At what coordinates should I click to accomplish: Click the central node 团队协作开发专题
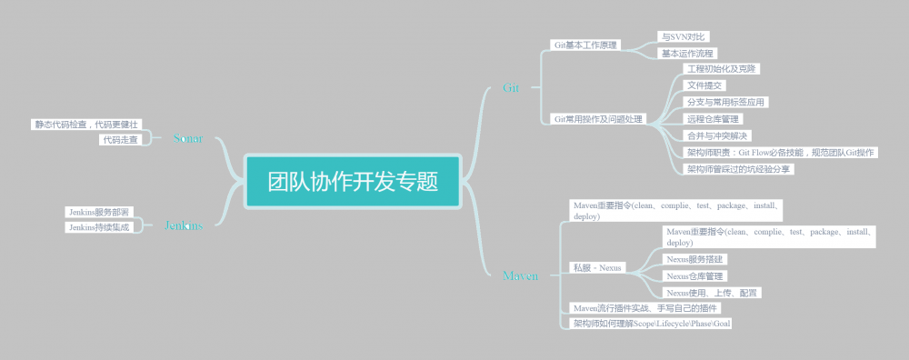click(x=353, y=181)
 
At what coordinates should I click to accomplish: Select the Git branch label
click(x=511, y=88)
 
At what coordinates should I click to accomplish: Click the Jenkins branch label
click(x=183, y=225)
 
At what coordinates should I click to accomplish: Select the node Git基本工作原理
click(x=586, y=45)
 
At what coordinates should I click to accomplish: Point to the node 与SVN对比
click(x=683, y=36)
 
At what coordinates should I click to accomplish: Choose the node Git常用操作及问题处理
click(x=598, y=119)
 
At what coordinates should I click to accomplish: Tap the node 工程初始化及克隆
click(x=722, y=69)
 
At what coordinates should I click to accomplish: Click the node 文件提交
click(x=705, y=85)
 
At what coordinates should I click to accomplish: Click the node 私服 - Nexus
click(x=597, y=267)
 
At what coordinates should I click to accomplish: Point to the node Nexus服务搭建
click(x=695, y=259)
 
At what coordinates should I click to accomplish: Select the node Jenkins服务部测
click(x=100, y=212)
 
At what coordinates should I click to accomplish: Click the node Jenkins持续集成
click(x=99, y=227)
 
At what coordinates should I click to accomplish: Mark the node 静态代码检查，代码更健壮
click(x=86, y=124)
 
